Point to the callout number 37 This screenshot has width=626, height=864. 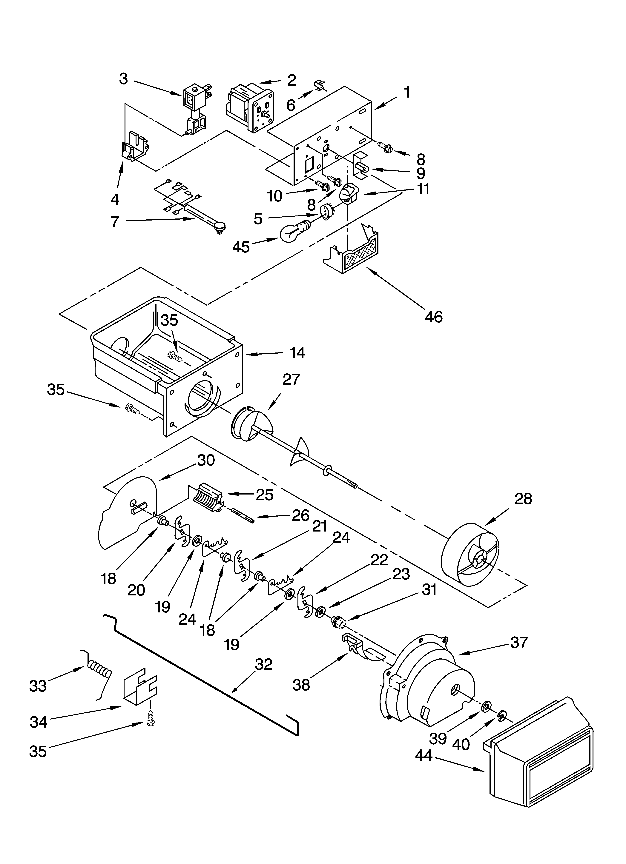519,643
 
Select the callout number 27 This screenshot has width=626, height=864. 291,379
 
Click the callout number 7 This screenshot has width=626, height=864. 115,221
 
